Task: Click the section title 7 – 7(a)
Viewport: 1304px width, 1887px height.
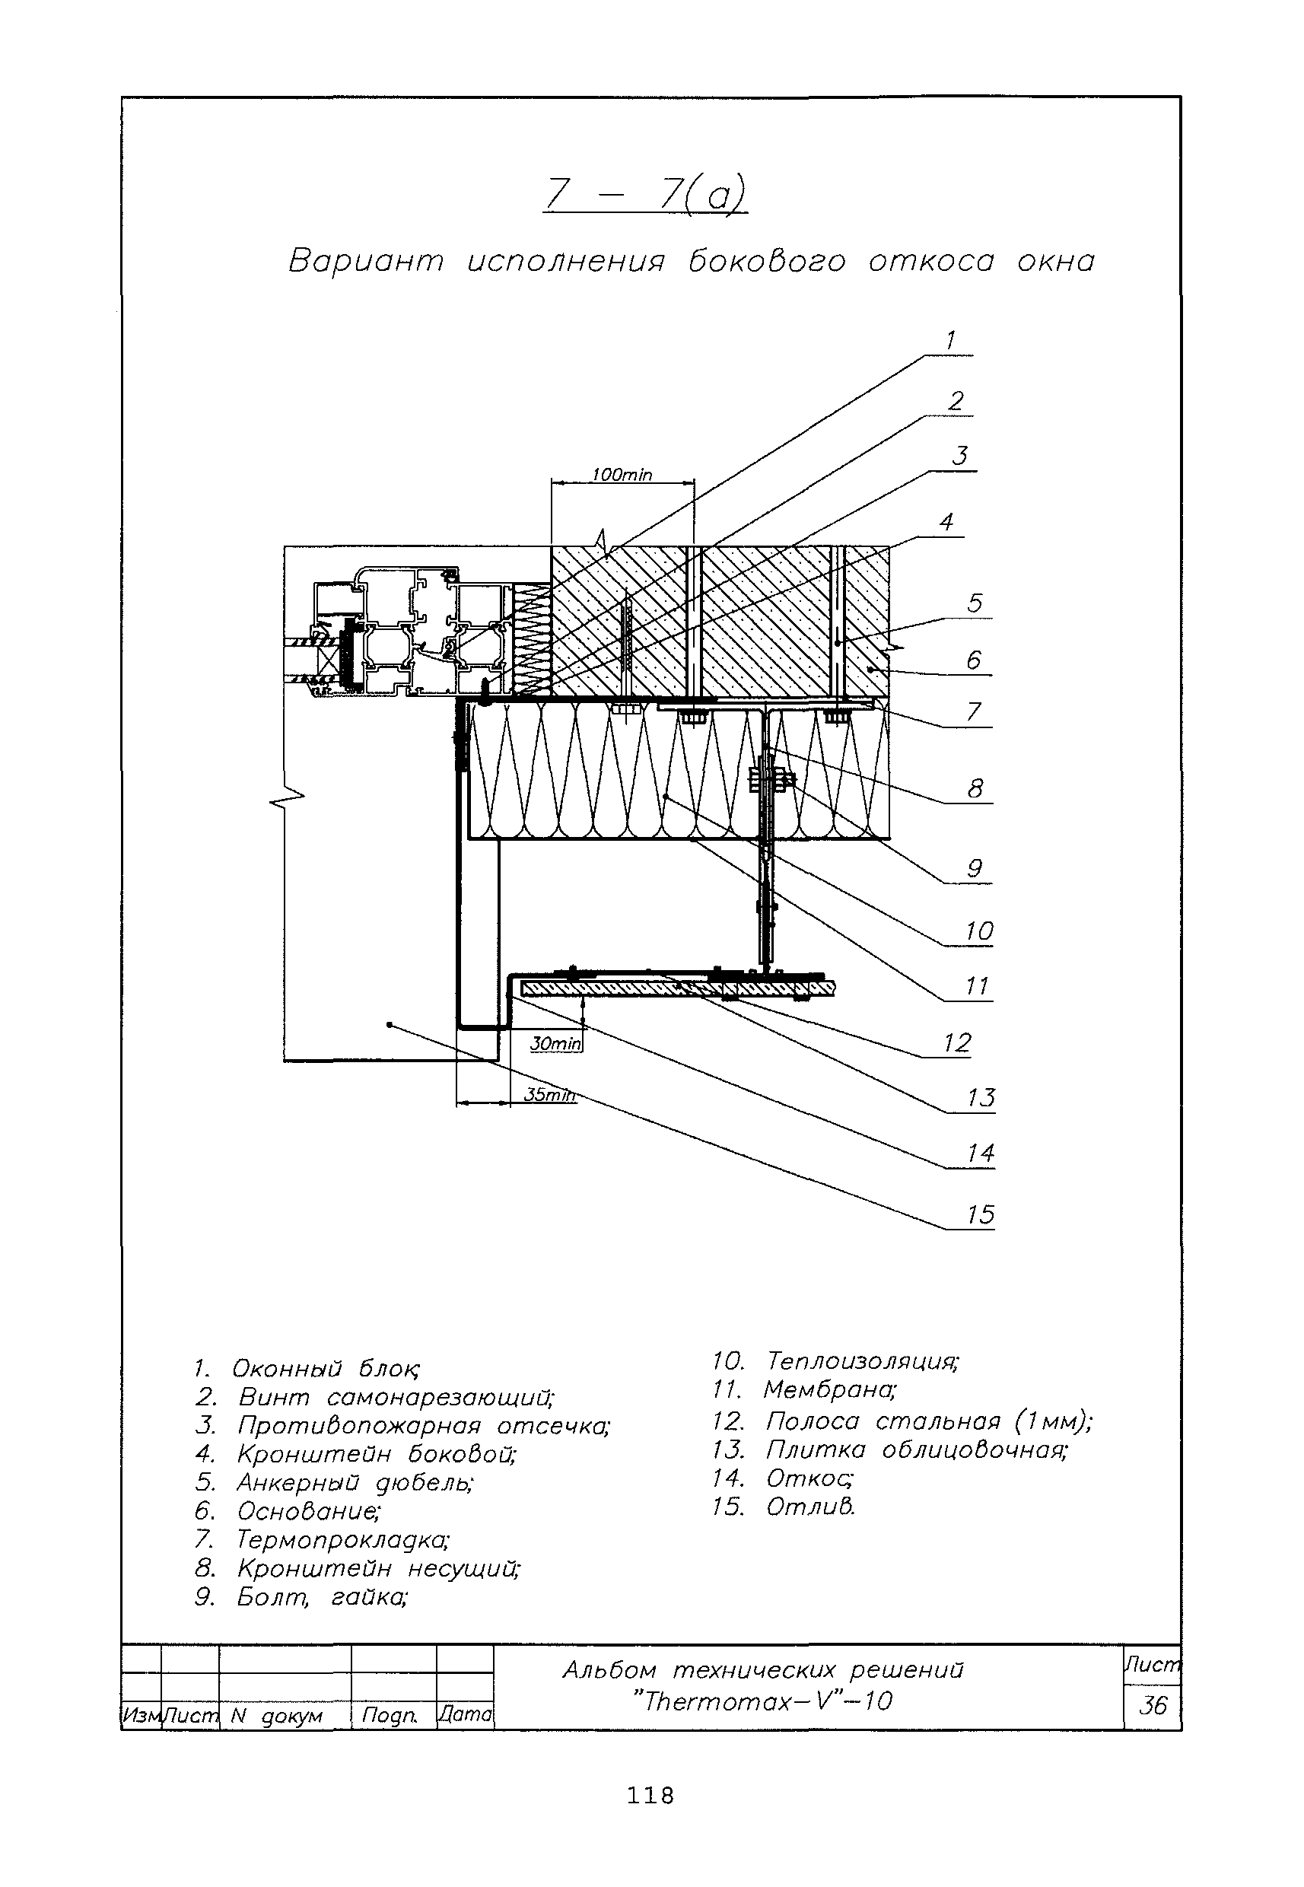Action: click(x=644, y=197)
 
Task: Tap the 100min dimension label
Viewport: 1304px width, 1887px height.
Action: click(x=622, y=476)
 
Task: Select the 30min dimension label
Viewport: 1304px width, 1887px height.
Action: click(x=555, y=1044)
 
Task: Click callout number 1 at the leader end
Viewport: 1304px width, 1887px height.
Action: click(x=949, y=341)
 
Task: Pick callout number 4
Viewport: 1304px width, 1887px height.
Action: click(x=946, y=522)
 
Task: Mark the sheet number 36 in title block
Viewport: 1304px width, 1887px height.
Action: click(x=1152, y=1706)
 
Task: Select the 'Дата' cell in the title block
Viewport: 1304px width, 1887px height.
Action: click(x=465, y=1714)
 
